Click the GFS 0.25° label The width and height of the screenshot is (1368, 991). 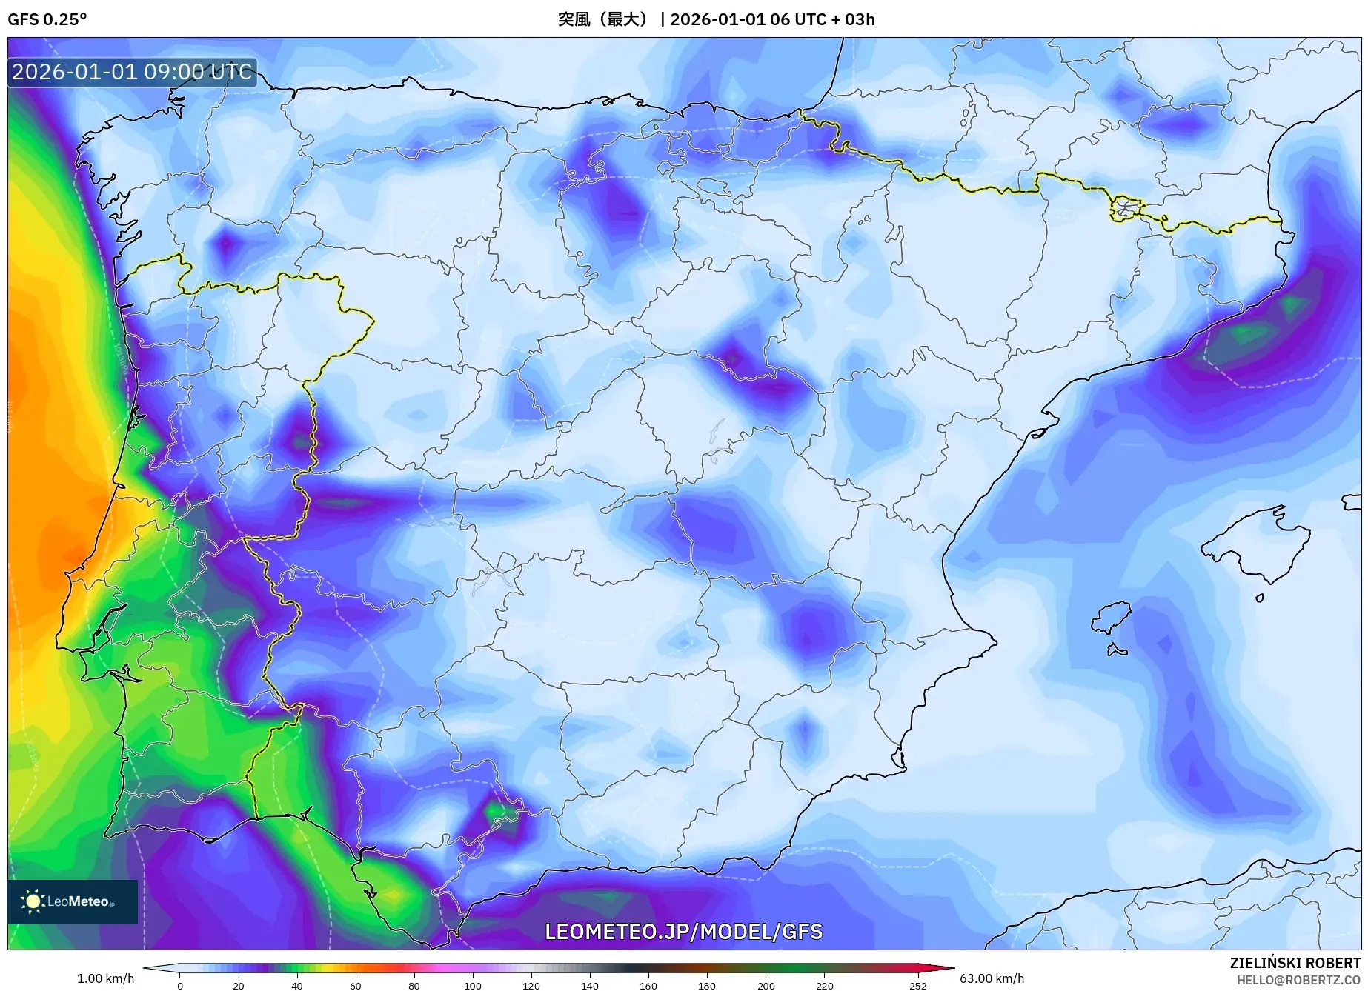click(47, 19)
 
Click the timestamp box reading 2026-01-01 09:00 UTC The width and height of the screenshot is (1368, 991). click(132, 72)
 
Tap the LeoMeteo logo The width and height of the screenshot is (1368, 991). click(72, 901)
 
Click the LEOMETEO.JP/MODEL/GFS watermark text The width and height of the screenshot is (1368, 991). click(683, 932)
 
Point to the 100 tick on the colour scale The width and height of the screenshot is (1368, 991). click(472, 985)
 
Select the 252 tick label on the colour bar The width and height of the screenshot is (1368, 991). click(917, 985)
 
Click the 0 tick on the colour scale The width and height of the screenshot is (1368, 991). click(180, 985)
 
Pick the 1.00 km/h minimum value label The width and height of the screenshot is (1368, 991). click(105, 978)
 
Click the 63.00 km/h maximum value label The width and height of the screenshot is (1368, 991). click(992, 978)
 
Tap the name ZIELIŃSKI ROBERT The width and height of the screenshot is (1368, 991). click(1295, 963)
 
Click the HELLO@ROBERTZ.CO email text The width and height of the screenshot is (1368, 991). click(1298, 980)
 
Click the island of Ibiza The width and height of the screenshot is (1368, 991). click(1112, 617)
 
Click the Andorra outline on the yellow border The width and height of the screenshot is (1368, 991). click(1126, 208)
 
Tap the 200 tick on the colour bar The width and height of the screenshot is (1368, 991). click(766, 985)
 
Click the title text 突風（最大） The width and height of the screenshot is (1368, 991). click(605, 19)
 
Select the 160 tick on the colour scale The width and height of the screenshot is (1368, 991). click(648, 985)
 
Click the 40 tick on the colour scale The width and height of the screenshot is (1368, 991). click(296, 985)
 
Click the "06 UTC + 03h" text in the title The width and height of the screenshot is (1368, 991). click(823, 19)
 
